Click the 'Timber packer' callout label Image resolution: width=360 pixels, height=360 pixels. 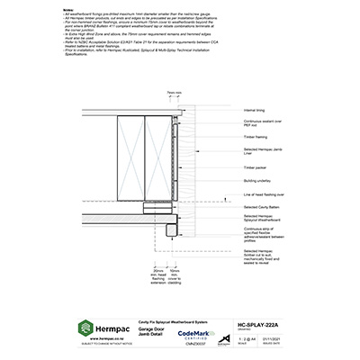pos(256,167)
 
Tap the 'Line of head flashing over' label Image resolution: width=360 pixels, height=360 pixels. pos(265,193)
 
